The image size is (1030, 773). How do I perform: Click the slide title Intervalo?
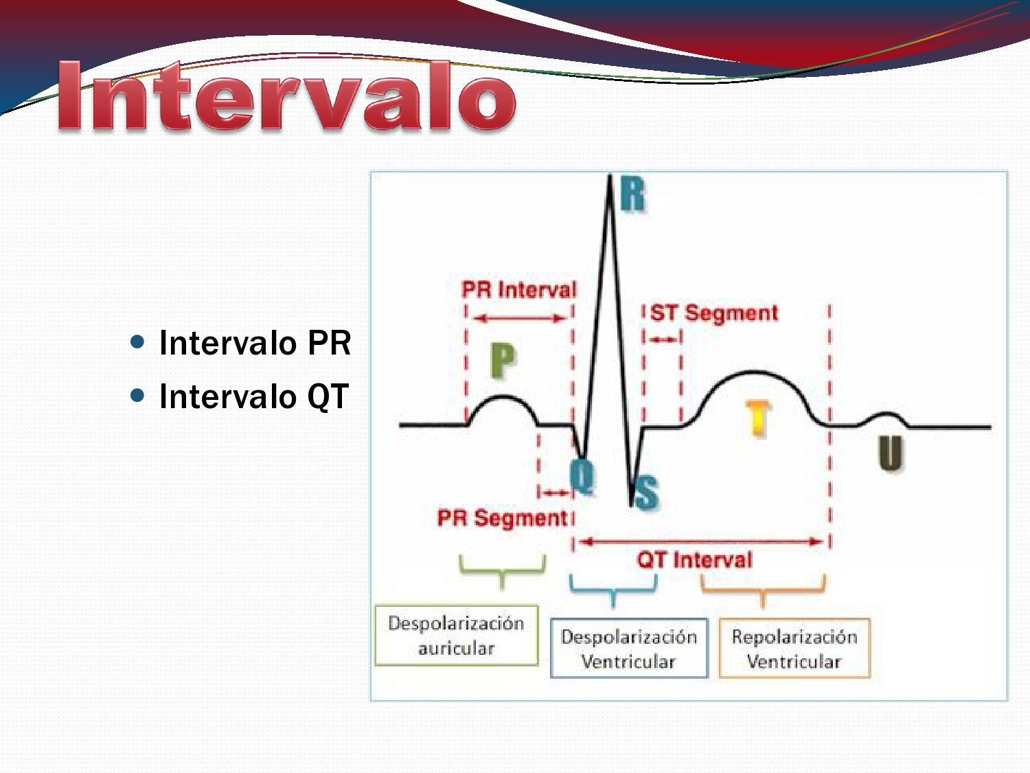coord(287,97)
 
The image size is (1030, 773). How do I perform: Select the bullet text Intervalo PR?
coord(255,343)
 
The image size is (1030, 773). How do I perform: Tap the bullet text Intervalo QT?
coord(254,396)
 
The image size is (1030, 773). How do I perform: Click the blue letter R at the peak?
coord(632,194)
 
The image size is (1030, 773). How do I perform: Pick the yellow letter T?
coord(758,418)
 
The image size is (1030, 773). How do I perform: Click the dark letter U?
coord(890,453)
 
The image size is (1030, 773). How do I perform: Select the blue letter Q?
coord(582,475)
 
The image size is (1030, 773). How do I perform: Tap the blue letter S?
coord(645,493)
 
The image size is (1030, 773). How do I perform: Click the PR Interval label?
coord(519,289)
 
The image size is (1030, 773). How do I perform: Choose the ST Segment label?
coord(714,313)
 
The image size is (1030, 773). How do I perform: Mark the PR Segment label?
coord(503,517)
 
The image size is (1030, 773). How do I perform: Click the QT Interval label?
coord(694,560)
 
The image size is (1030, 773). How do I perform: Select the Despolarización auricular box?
coord(457,636)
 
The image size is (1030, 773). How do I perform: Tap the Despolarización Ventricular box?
coord(629,649)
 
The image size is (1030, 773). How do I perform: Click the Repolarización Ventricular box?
coord(794,649)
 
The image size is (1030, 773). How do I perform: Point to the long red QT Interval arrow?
coord(700,541)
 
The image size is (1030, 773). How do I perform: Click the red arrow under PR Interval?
coord(519,318)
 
